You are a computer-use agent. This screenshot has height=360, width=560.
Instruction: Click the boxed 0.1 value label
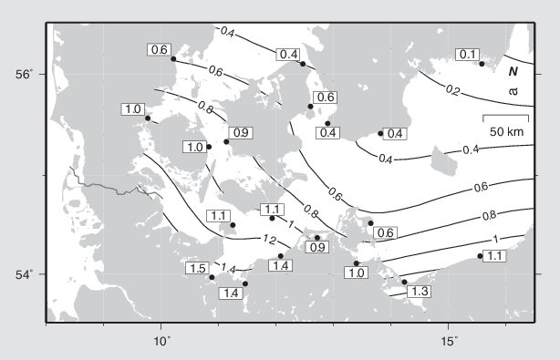(x=468, y=55)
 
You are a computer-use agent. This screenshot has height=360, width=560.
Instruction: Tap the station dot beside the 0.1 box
(x=482, y=64)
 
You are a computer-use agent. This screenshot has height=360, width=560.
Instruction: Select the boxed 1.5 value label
(x=196, y=268)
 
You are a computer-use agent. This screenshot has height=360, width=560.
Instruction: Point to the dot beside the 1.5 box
(x=212, y=277)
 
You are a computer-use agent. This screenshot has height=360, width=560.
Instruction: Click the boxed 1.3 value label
(x=420, y=291)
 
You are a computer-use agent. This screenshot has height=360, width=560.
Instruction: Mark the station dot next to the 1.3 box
(x=404, y=282)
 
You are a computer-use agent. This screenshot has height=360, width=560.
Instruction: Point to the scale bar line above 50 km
(x=504, y=117)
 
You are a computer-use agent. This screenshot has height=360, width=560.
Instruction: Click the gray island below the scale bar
(x=441, y=164)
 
